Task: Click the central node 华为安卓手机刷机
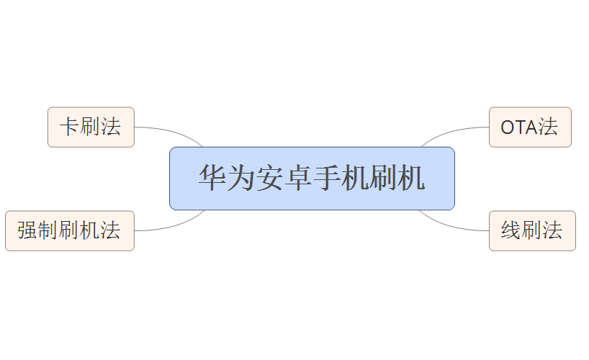coord(312,179)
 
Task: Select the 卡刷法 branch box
coord(91,127)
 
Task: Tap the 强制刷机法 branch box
coord(69,231)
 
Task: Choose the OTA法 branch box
coord(530,127)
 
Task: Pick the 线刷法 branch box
coord(532,231)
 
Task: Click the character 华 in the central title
coord(213,179)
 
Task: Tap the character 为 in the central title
coord(241,179)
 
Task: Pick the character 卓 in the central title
coord(298,179)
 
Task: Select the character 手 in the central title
coord(326,179)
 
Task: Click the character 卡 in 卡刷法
coord(70,127)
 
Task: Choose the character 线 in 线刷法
coord(511,231)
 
